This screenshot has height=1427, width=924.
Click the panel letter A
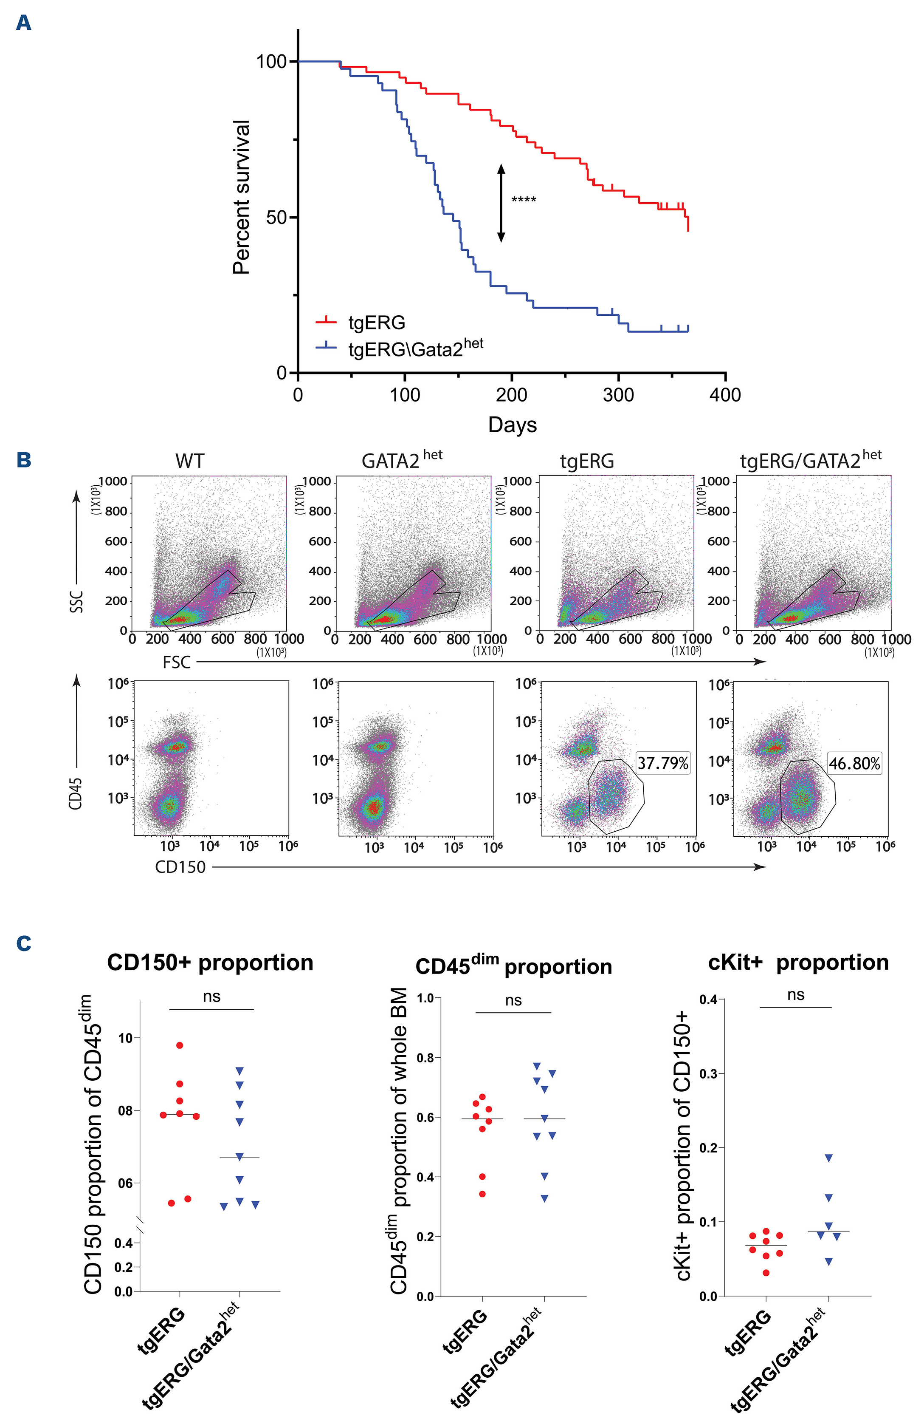(23, 23)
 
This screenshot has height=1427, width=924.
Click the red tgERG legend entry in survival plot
(376, 323)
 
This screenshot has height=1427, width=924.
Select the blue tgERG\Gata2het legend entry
(415, 347)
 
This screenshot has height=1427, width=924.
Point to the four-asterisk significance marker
(523, 200)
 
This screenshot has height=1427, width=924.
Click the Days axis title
(513, 425)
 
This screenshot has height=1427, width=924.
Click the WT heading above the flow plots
(190, 461)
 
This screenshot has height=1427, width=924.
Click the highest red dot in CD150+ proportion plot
(179, 1045)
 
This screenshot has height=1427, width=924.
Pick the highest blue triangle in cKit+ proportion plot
(829, 1158)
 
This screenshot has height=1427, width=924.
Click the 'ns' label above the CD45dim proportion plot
(513, 1000)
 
